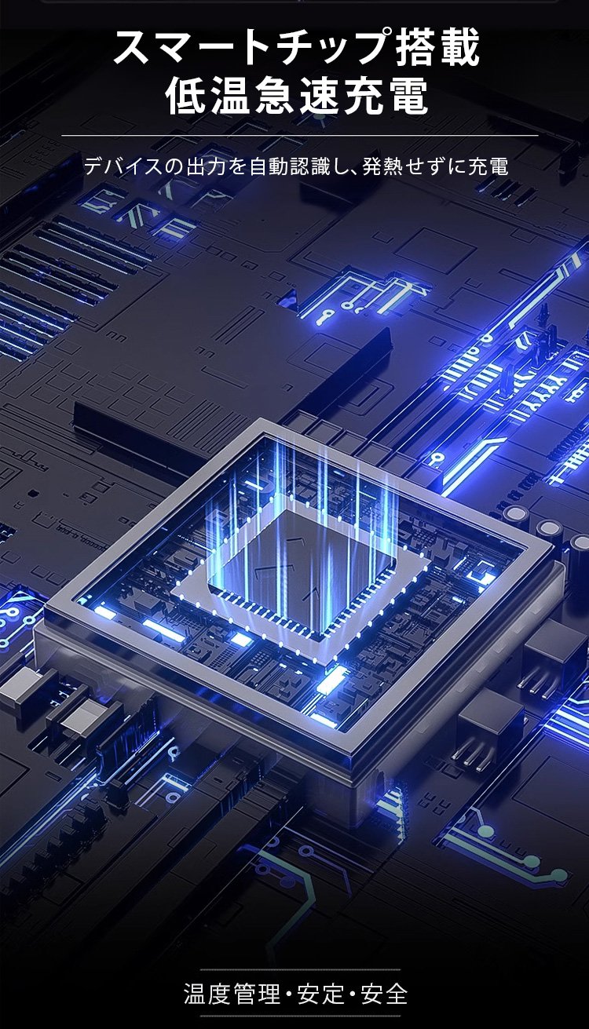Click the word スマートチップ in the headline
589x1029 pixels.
pyautogui.click(x=252, y=46)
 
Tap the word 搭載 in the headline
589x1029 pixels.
pyautogui.click(x=438, y=46)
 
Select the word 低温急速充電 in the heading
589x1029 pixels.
pyautogui.click(x=297, y=96)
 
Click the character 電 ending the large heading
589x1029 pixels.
pyautogui.click(x=408, y=96)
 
